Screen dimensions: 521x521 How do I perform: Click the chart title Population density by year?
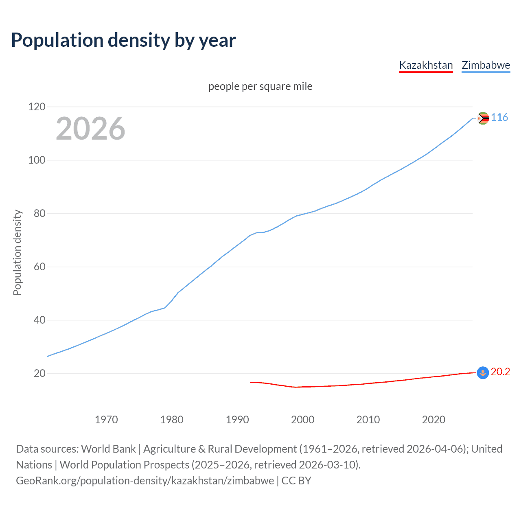pos(123,40)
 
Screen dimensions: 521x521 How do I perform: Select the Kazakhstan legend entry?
pos(426,65)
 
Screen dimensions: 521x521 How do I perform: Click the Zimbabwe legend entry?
pos(486,65)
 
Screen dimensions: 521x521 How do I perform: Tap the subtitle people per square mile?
pos(260,86)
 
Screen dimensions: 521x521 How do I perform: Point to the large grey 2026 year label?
pos(90,129)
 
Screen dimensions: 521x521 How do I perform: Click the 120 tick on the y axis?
pos(37,107)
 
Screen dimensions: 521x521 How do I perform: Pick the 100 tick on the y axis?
pos(37,160)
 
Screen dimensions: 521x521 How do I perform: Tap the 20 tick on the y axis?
pos(39,373)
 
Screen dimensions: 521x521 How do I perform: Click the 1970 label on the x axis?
pos(106,420)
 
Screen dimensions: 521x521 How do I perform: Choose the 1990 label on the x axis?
pos(237,420)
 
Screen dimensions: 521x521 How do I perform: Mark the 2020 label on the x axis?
pos(433,420)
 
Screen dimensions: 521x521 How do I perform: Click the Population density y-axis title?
pos(17,252)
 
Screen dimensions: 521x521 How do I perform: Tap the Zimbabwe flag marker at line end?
pos(483,118)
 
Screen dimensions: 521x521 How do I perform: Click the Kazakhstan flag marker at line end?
pos(483,372)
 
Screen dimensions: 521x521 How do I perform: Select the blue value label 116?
pos(499,117)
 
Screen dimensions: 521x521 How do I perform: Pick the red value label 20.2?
pos(500,372)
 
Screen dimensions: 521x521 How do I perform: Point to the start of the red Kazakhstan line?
pos(251,382)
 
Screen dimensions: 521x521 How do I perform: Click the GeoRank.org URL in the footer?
pos(145,481)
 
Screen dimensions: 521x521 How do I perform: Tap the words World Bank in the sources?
pos(108,449)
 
